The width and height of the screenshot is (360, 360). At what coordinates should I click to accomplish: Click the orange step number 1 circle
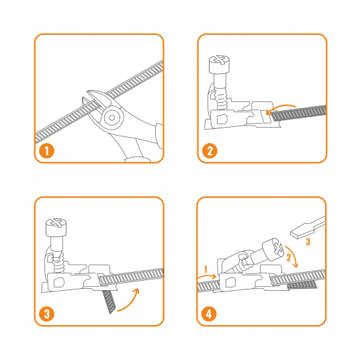click(46, 151)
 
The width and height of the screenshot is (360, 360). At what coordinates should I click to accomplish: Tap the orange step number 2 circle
click(210, 151)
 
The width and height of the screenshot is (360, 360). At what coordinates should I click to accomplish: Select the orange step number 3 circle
click(46, 314)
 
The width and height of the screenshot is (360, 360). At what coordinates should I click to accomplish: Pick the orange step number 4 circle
click(209, 314)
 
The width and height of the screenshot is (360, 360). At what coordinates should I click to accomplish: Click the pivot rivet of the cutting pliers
click(111, 118)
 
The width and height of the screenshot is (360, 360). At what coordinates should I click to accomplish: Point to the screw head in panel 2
click(219, 64)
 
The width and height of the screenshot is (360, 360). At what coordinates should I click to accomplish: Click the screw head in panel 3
click(56, 227)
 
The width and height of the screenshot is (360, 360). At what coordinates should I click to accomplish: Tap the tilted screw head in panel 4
click(273, 250)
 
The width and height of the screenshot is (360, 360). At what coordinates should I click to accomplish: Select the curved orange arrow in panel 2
click(281, 107)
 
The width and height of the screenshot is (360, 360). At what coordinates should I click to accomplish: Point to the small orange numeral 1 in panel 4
click(206, 269)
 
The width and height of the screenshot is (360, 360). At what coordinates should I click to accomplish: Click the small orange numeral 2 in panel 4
click(289, 258)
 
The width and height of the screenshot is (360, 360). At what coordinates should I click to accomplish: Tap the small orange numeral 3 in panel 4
click(308, 242)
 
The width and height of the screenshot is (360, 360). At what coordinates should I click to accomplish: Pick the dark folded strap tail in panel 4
click(302, 285)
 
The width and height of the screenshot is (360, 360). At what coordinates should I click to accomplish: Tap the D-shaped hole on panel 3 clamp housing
click(59, 282)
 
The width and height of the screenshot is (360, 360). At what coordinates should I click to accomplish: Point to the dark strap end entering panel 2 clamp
click(298, 114)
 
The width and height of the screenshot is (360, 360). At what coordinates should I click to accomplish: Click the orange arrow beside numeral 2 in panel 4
click(293, 256)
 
